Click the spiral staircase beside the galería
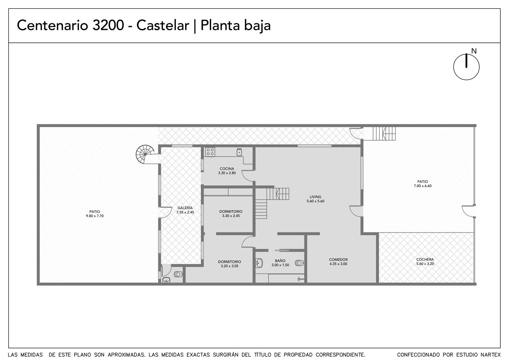click(145, 154)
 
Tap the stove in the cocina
click(210, 152)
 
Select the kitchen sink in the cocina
click(239, 152)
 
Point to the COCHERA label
click(425, 259)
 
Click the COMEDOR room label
click(338, 259)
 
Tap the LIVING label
click(315, 197)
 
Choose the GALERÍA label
click(185, 208)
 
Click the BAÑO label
click(280, 261)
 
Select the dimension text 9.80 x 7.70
click(95, 216)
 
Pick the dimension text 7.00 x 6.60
click(423, 186)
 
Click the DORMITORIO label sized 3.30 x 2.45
click(231, 211)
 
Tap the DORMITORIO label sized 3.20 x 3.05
click(230, 262)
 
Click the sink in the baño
click(259, 263)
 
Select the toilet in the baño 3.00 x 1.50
click(299, 263)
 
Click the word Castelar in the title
click(163, 25)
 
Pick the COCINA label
click(227, 169)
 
